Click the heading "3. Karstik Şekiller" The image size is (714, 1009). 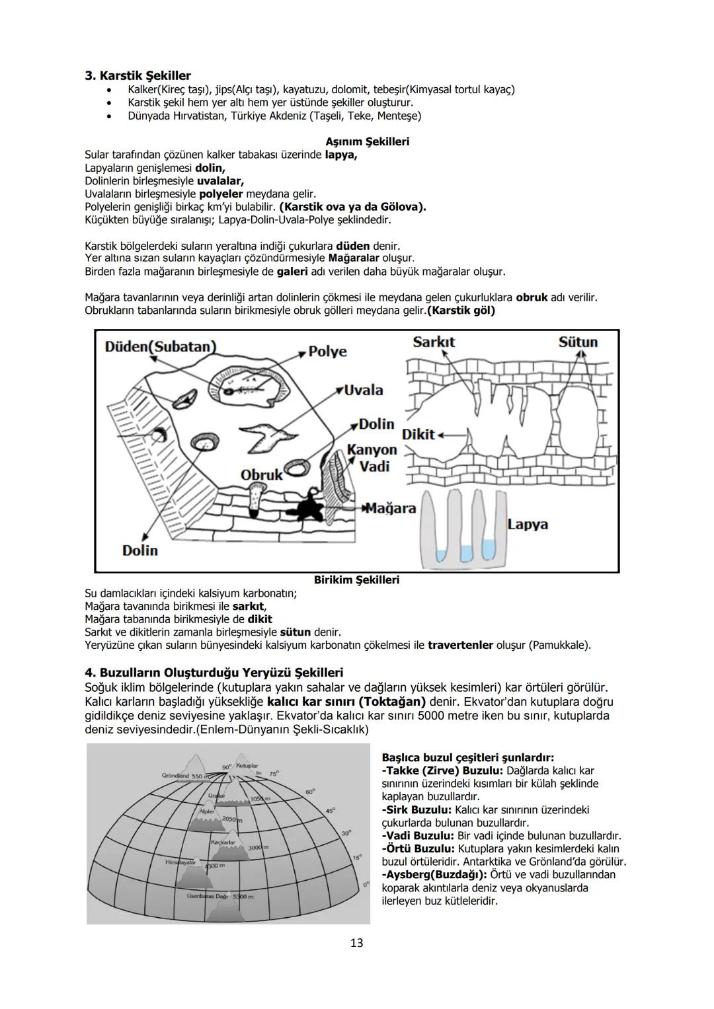[x=138, y=75]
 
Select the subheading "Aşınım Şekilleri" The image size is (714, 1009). [x=367, y=141]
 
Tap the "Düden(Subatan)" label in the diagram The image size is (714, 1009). [x=160, y=347]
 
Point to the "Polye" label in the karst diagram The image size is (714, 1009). [x=327, y=351]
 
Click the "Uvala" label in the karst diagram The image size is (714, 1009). [x=364, y=390]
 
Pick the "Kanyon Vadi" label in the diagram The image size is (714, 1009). [x=372, y=458]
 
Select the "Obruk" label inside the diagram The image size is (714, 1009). [x=261, y=475]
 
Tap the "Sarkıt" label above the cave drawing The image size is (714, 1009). [x=434, y=342]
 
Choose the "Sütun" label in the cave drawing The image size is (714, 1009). [x=578, y=342]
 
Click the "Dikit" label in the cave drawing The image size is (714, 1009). [x=418, y=434]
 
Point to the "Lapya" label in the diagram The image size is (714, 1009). [x=528, y=525]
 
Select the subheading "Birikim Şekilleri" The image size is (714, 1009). [x=356, y=580]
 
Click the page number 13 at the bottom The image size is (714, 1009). [x=356, y=943]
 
